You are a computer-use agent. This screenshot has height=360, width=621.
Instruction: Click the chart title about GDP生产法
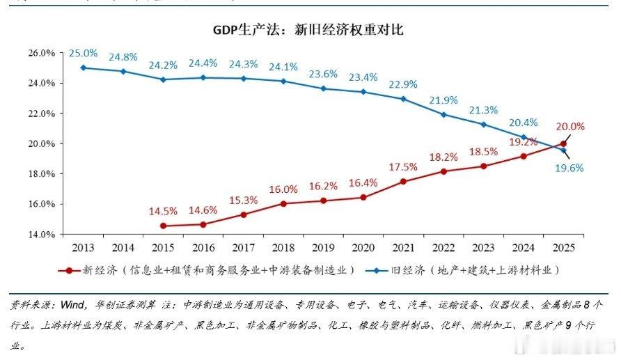(308, 30)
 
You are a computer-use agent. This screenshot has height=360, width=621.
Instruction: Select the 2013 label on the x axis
(83, 248)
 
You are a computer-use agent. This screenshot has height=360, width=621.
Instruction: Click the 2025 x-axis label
(564, 248)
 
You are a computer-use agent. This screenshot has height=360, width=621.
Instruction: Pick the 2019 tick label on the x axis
(323, 248)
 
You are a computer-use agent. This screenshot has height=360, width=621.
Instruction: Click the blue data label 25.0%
(83, 53)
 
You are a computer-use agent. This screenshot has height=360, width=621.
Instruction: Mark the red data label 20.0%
(570, 127)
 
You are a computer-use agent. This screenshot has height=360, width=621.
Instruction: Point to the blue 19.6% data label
(569, 168)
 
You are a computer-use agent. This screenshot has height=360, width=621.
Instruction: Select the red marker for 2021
(403, 181)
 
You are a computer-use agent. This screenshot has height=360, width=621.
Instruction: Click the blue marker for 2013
(84, 68)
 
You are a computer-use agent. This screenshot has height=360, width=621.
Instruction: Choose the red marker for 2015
(164, 226)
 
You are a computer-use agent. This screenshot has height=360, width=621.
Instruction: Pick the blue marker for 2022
(443, 115)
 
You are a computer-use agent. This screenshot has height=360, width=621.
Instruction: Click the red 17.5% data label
(404, 167)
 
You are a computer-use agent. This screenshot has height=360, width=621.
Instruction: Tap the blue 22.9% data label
(404, 84)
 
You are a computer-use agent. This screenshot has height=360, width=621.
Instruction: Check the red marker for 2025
(563, 143)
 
